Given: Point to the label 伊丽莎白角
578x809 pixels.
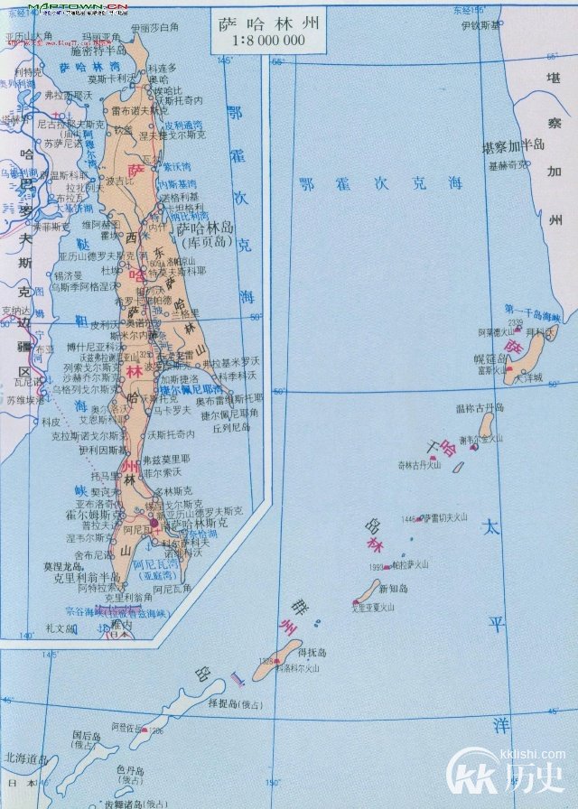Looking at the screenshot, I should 155,27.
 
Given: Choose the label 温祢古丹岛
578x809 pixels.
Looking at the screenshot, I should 480,408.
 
